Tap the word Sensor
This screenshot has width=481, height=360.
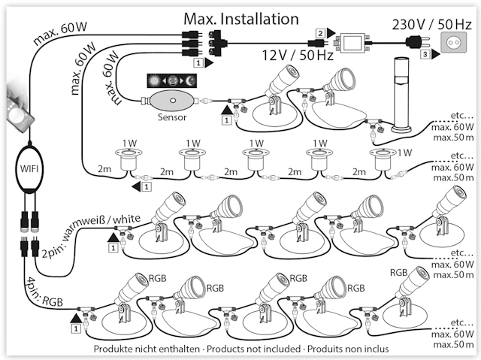pos(172,118)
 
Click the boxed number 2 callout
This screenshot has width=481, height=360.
pos(320,33)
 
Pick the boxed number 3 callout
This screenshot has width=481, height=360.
pos(425,55)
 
